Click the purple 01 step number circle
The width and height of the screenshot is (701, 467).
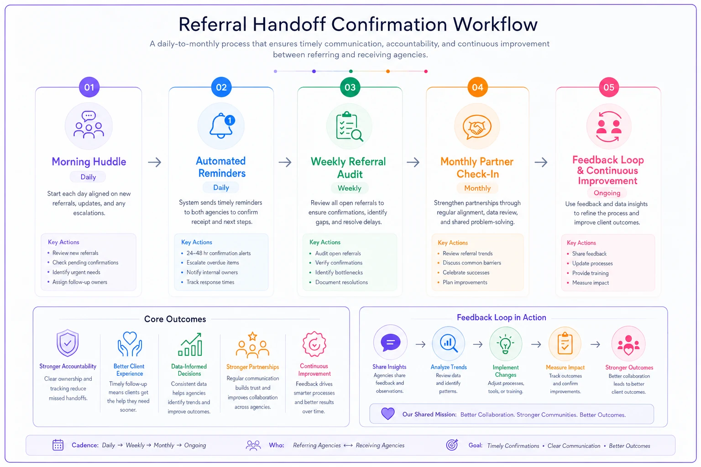[x=89, y=87]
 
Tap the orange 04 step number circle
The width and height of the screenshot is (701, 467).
[x=477, y=87]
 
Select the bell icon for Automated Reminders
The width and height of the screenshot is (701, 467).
[x=222, y=125]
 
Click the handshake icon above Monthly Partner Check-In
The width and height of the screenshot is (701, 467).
[x=477, y=127]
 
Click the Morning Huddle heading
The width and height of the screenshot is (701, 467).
[x=89, y=161]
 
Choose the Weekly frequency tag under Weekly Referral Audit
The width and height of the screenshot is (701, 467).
[x=349, y=188]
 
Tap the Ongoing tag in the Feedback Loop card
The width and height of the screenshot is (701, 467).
[x=607, y=193]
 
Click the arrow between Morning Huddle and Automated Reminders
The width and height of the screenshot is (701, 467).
[x=155, y=162]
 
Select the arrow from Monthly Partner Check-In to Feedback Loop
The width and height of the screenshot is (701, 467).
[x=541, y=162]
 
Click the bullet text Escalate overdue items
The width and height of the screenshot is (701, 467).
[x=213, y=262]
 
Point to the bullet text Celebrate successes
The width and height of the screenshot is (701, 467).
[x=466, y=272]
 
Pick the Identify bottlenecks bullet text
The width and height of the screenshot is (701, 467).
[x=339, y=272]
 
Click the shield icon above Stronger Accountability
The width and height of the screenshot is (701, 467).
[x=67, y=343]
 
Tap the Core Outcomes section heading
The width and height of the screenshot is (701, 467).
[x=175, y=319]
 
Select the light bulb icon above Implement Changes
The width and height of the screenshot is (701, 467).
[x=505, y=344]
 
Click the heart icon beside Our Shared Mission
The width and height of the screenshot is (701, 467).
[x=388, y=414]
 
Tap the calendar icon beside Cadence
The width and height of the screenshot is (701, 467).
[x=58, y=445]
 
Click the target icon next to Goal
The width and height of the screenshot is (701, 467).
[x=452, y=445]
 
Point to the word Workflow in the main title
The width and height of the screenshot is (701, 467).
[x=495, y=24]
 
